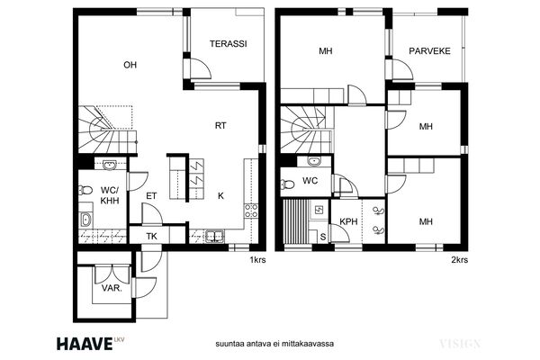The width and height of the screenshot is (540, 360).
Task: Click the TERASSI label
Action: coord(229,44)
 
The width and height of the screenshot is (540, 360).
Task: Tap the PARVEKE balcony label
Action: coord(429,51)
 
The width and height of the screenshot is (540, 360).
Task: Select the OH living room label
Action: coord(130,65)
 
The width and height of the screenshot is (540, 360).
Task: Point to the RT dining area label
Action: coord(220,126)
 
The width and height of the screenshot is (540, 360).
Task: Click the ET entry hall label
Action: coord(151,196)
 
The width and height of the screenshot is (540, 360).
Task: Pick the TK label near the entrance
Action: coord(151,237)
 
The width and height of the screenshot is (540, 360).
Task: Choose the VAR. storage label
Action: coord(112,288)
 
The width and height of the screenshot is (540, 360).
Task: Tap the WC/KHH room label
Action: coord(110,195)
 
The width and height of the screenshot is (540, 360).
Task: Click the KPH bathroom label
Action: coord(348,221)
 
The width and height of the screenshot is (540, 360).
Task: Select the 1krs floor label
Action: coord(258,260)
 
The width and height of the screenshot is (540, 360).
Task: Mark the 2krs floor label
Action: coord(459,260)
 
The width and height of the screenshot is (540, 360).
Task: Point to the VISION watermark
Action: coord(460,344)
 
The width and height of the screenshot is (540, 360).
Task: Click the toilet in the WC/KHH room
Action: coord(85,190)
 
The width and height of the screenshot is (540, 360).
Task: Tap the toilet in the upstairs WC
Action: coord(288,184)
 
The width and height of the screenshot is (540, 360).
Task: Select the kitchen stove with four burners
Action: coord(251,211)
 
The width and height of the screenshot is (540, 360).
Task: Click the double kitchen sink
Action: coord(215,237)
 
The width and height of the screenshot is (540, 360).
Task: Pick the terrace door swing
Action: coord(201,69)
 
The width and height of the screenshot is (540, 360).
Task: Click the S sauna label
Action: coord(323,237)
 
